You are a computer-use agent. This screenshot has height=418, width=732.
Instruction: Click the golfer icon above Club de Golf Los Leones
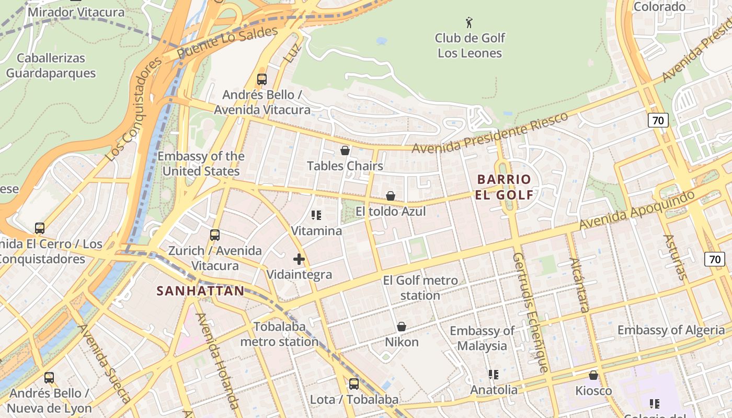pyautogui.click(x=469, y=22)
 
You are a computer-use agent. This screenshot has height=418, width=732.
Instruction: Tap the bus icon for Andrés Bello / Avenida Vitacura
pyautogui.click(x=262, y=79)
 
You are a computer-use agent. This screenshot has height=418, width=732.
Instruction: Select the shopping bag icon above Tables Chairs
pyautogui.click(x=345, y=150)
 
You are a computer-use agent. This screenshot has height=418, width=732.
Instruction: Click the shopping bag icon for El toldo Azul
pyautogui.click(x=391, y=196)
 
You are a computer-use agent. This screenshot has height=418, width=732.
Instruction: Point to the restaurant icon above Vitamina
pyautogui.click(x=316, y=215)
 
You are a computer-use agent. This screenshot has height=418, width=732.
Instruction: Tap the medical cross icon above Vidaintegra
pyautogui.click(x=299, y=259)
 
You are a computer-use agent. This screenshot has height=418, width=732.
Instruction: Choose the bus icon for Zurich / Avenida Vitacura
pyautogui.click(x=215, y=235)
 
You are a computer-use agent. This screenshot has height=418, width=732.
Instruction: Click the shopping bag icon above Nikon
pyautogui.click(x=402, y=327)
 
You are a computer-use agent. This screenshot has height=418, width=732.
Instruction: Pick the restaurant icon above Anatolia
pyautogui.click(x=494, y=375)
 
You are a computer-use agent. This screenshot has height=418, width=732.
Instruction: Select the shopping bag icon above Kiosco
pyautogui.click(x=593, y=375)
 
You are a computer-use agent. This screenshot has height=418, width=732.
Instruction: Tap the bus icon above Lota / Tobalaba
pyautogui.click(x=354, y=384)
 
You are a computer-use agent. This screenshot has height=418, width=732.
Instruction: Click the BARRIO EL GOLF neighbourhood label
pyautogui.click(x=505, y=187)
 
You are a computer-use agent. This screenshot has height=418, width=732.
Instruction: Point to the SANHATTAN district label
pyautogui.click(x=201, y=291)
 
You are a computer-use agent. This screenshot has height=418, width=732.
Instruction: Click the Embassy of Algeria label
pyautogui.click(x=671, y=330)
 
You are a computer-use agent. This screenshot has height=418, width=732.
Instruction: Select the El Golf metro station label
pyautogui.click(x=420, y=288)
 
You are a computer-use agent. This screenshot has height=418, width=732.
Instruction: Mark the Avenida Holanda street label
pyautogui.click(x=218, y=361)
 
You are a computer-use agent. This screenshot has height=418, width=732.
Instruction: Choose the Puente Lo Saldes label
pyautogui.click(x=227, y=43)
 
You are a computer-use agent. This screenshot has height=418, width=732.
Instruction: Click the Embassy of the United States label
pyautogui.click(x=201, y=164)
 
